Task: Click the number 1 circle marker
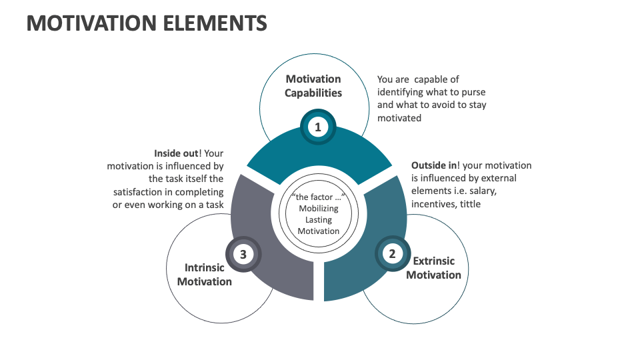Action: (318, 127)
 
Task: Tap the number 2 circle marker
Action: (392, 253)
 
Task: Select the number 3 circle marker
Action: (243, 254)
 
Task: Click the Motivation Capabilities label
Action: (313, 86)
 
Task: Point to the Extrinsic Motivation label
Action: (433, 268)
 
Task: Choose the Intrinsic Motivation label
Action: (204, 275)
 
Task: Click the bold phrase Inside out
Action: (176, 153)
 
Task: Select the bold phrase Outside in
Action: (434, 165)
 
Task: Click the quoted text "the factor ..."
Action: (319, 197)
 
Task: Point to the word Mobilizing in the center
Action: (319, 209)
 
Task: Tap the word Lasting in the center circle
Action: (319, 220)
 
